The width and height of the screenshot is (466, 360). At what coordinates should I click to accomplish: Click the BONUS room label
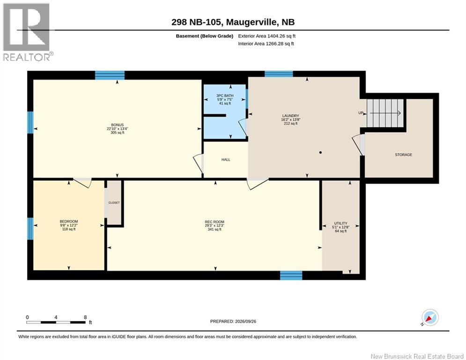coord(118,125)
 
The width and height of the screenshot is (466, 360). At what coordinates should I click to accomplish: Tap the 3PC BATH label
coord(225,96)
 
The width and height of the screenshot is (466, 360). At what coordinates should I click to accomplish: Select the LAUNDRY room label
coord(291,116)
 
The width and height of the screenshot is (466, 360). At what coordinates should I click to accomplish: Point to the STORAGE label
coord(403,155)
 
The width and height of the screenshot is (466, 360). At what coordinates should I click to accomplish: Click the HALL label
coord(226,160)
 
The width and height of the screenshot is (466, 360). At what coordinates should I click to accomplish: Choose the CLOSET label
coord(114,202)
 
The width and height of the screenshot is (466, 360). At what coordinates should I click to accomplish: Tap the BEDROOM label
coord(69,221)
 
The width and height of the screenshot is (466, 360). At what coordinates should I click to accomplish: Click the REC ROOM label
coord(215,222)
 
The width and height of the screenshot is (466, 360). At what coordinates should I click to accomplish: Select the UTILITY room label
coord(340,223)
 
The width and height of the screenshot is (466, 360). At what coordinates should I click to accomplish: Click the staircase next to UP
coord(385,113)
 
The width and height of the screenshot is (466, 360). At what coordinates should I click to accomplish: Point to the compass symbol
coord(430,318)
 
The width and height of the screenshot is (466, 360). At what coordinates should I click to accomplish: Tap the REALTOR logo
coord(27,32)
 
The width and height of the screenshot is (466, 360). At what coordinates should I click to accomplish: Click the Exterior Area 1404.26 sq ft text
coord(266,36)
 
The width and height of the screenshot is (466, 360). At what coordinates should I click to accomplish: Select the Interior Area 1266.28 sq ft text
coord(266,44)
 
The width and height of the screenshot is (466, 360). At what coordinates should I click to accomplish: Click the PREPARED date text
coord(233,321)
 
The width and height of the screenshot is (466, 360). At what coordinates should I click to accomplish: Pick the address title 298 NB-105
coord(197,22)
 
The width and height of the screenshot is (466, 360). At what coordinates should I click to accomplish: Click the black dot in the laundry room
coord(320,153)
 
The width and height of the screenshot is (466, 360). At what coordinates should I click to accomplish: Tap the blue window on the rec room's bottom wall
coord(291,275)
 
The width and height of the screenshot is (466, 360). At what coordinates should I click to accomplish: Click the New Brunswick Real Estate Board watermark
coord(417,356)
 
